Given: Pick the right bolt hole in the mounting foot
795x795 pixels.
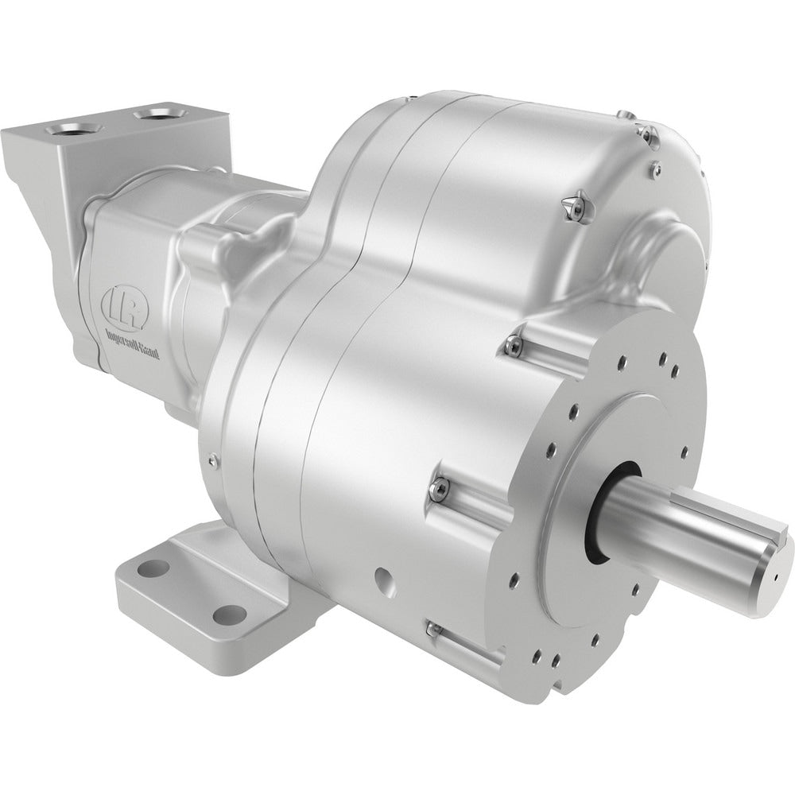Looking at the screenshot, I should (230, 612).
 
